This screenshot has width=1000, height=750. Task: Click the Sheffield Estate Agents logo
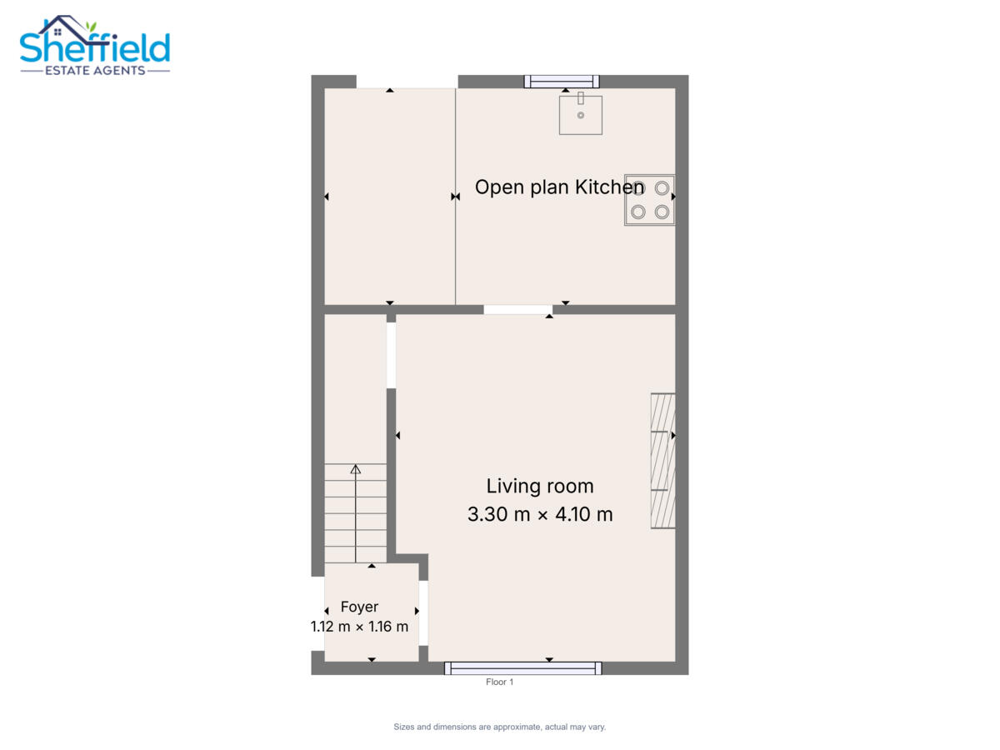coord(95,46)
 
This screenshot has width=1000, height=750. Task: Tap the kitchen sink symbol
coord(580,115)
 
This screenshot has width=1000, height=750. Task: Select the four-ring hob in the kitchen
coord(649,199)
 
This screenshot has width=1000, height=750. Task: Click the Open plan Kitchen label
coord(559,187)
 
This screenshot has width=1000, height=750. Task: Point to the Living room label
coord(540,486)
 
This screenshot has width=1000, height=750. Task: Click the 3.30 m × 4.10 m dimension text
coord(540,514)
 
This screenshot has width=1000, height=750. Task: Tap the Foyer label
coord(359,607)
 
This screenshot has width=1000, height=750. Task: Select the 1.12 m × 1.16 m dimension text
coord(359,627)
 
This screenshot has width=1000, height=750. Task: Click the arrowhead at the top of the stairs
coord(355,469)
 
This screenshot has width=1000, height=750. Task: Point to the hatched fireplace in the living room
coord(662,461)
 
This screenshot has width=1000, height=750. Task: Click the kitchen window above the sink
coord(562,82)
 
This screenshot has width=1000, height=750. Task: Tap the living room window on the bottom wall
coord(523,668)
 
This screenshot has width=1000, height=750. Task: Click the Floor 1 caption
coord(499,682)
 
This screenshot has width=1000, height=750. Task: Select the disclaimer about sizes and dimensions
coord(500,727)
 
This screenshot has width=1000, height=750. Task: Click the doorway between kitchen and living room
coord(518,310)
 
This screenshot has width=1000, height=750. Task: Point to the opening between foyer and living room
coord(423,613)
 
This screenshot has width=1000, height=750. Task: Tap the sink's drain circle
coord(580,115)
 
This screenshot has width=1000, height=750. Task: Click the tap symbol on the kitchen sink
coord(581,97)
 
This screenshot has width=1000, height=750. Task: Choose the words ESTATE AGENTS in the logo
coord(95,71)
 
